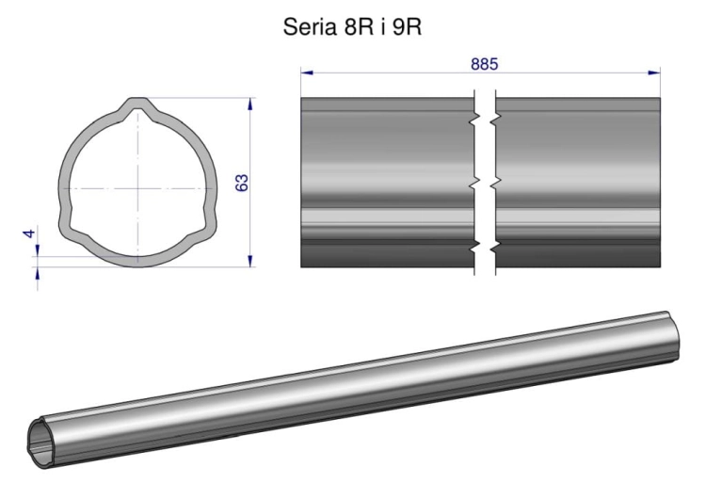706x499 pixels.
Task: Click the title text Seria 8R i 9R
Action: [352, 27]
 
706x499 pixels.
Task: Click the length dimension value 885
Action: [485, 64]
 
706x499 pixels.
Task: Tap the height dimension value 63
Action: [242, 183]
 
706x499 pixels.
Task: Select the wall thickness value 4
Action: [30, 233]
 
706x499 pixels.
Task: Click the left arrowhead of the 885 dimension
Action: [307, 72]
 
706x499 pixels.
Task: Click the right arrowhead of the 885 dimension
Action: [654, 72]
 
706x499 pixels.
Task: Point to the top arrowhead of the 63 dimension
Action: [250, 104]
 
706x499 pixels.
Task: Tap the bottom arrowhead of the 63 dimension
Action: [250, 261]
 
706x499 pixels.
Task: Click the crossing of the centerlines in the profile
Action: [138, 188]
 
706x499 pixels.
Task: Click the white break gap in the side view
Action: [485, 183]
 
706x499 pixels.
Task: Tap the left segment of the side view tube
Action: [388, 183]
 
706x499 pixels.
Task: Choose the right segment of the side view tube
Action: [578, 183]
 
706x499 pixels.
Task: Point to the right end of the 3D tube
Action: [673, 335]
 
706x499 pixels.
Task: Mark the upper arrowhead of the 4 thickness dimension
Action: [38, 250]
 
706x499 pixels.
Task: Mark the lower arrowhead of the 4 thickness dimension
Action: [38, 273]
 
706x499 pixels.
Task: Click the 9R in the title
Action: [407, 27]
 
